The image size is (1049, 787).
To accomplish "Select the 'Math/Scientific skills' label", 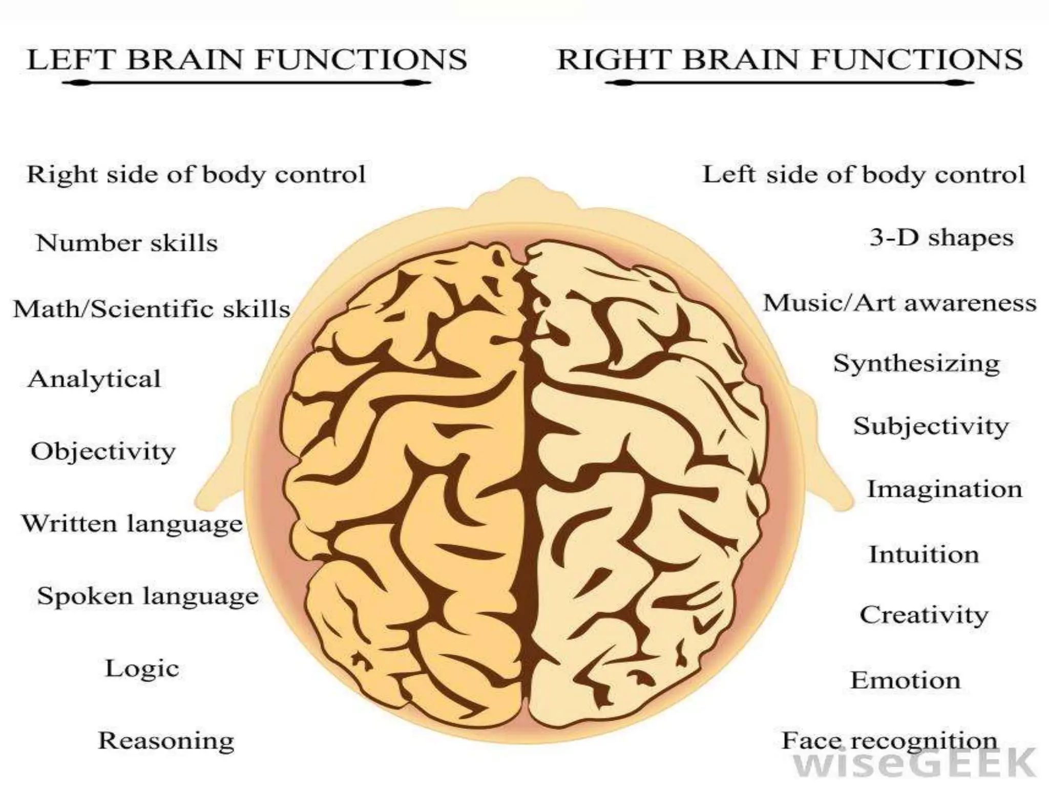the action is pyautogui.click(x=152, y=309).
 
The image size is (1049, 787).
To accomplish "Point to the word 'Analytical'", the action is pyautogui.click(x=94, y=379).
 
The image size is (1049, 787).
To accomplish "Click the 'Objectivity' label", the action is pyautogui.click(x=103, y=451).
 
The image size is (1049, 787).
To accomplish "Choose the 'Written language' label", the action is pyautogui.click(x=132, y=524).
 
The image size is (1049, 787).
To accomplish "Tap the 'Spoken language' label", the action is pyautogui.click(x=148, y=596).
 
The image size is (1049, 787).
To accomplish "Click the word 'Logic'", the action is pyautogui.click(x=142, y=668).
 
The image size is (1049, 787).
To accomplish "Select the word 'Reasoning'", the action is pyautogui.click(x=166, y=740).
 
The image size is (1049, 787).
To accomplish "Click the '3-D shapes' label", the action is pyautogui.click(x=941, y=238).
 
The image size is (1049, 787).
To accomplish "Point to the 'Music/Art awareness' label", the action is pyautogui.click(x=900, y=303).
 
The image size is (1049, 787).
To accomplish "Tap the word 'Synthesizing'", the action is pyautogui.click(x=916, y=364).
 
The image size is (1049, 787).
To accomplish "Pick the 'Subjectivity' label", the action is pyautogui.click(x=931, y=426).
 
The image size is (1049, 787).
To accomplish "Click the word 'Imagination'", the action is pyautogui.click(x=945, y=489).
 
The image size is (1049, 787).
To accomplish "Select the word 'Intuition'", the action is pyautogui.click(x=924, y=554).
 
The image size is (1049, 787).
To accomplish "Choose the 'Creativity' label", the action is pyautogui.click(x=924, y=615).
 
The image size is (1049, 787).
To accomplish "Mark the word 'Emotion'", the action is pyautogui.click(x=906, y=680).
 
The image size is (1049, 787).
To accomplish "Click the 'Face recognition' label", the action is pyautogui.click(x=889, y=741).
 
